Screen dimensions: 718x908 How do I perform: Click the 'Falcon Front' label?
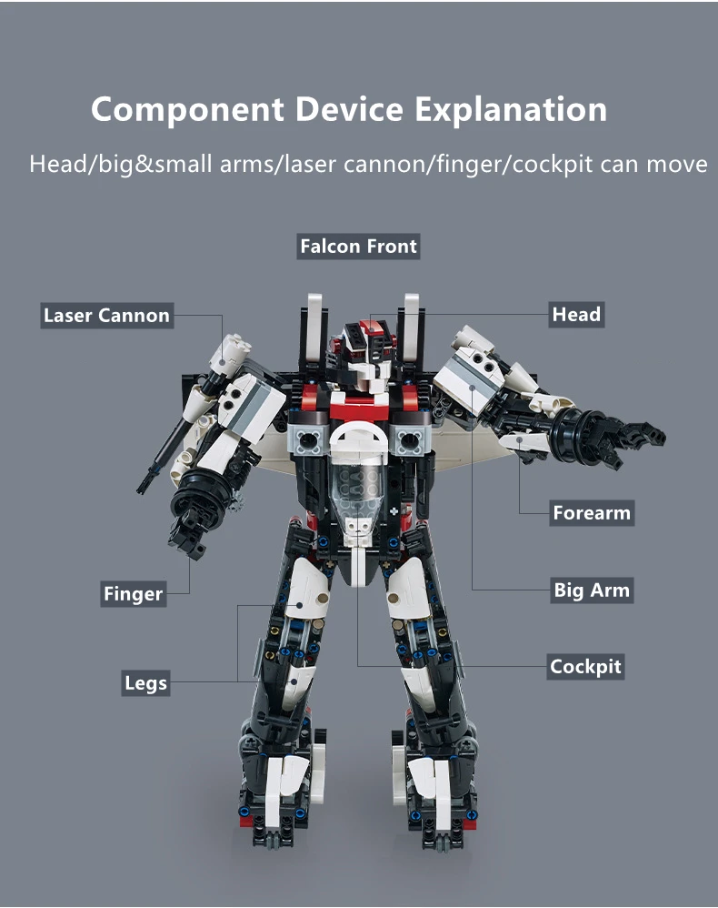(x=358, y=247)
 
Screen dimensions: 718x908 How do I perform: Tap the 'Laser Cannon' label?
(x=106, y=316)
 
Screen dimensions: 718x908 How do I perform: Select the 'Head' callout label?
(x=576, y=315)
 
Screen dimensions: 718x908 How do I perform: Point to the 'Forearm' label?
(x=591, y=513)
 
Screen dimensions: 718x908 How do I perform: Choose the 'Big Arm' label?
(x=592, y=590)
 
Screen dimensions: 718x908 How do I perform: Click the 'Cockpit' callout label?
(x=585, y=667)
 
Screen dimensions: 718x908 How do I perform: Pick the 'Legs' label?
(x=145, y=682)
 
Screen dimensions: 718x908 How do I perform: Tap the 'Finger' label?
(x=133, y=595)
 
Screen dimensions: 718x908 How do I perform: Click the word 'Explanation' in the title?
(x=512, y=110)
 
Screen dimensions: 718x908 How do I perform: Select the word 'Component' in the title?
(x=186, y=110)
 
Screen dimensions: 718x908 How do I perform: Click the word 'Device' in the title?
(x=350, y=110)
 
